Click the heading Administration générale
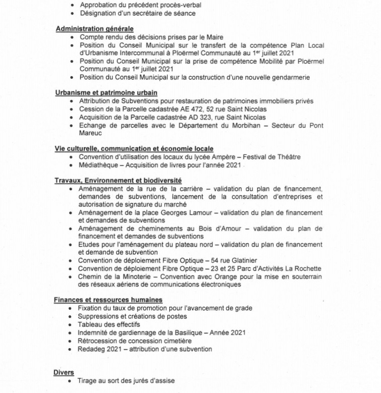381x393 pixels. click(94, 29)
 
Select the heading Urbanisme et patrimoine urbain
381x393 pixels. click(106, 93)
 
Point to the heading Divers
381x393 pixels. click(64, 372)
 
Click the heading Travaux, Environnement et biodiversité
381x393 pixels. click(118, 180)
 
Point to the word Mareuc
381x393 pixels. click(90, 133)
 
